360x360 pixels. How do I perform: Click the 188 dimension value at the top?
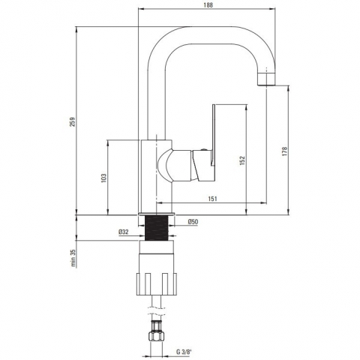208,4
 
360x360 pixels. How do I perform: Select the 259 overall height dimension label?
72,121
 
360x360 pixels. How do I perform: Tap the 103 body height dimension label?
103,178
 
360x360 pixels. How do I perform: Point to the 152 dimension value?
242,160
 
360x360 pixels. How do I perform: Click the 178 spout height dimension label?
284,151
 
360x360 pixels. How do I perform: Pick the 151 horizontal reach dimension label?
212,199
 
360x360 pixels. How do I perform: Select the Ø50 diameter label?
193,221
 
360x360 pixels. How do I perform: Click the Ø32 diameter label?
124,232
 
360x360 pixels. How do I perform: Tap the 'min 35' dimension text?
73,258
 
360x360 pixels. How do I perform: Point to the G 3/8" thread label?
184,352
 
